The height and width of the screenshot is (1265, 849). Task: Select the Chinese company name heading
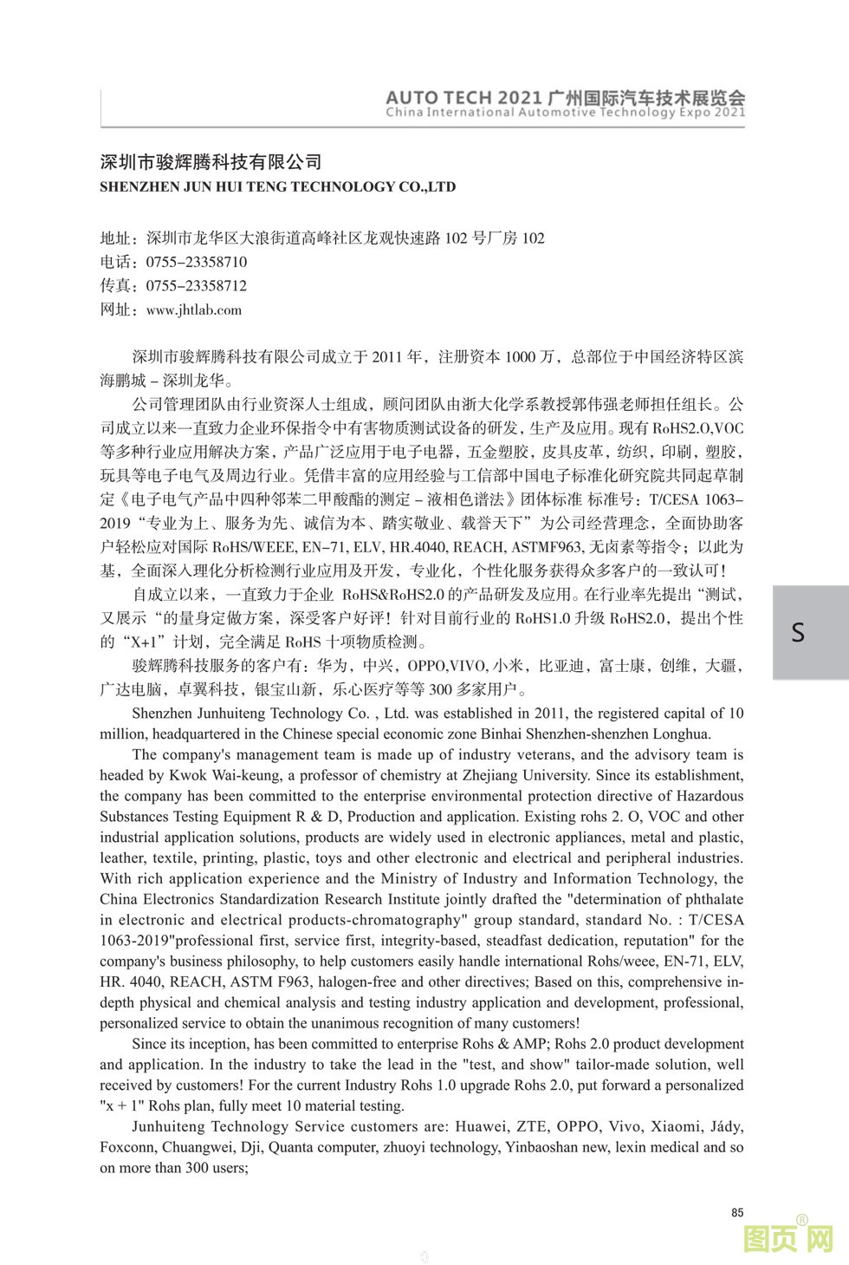[211, 162]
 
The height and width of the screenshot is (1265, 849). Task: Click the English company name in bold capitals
[277, 186]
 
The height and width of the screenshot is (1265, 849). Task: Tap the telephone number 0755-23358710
[196, 262]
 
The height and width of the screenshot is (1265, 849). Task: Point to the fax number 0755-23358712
[196, 285]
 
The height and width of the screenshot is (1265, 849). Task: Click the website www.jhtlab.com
[194, 310]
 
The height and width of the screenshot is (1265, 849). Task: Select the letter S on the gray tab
[798, 632]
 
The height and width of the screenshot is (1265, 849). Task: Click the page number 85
[737, 1212]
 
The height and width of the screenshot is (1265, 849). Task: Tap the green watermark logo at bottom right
[788, 1238]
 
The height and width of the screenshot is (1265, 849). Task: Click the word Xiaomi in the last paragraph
[680, 1126]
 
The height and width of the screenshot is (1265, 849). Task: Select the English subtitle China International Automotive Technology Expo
[565, 112]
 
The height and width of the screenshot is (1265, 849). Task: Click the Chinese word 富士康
[621, 666]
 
